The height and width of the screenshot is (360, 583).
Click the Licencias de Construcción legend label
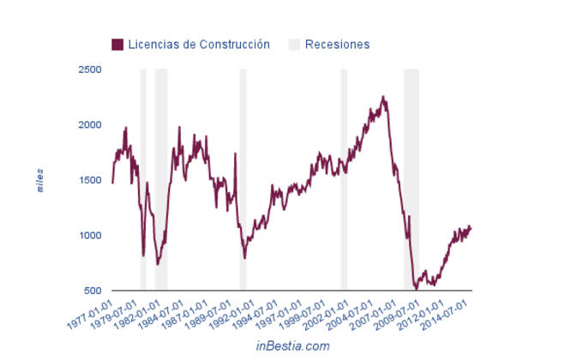pos(199,44)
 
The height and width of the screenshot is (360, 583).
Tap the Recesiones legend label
pos(337,44)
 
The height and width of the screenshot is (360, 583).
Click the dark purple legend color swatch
pos(118,44)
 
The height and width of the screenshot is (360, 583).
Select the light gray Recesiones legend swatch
pos(295,44)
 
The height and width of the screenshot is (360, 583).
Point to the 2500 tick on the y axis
pos(89,69)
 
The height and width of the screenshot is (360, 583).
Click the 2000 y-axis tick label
pos(89,125)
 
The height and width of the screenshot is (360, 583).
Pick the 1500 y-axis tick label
pos(89,180)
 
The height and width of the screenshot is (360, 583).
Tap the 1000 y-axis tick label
pos(89,236)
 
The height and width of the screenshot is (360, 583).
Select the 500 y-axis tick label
pos(93,291)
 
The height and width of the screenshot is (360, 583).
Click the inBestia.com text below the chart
pos(292,345)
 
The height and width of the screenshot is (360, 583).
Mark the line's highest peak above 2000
pos(383,97)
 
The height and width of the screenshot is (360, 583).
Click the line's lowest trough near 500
pos(417,289)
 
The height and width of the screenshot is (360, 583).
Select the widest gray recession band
pos(412,180)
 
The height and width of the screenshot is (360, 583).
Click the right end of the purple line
pos(471,227)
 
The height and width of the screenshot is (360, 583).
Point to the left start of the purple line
pos(112,183)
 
